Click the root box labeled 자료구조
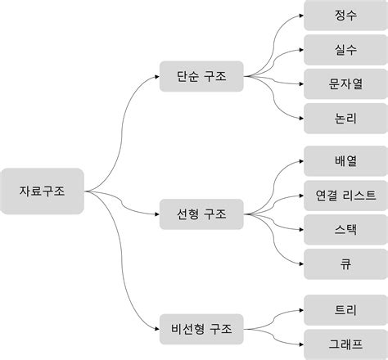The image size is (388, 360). point(43,191)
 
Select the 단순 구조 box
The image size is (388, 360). point(202,77)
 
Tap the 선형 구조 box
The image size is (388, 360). point(202,214)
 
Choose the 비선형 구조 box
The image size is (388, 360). point(202,330)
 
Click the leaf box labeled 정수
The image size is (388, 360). point(345,16)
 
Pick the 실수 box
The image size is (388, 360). point(345,50)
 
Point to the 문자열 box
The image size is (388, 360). point(345,84)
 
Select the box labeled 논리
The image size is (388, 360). point(345,119)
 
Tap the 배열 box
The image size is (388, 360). point(345,161)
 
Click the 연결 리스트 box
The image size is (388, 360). point(345,196)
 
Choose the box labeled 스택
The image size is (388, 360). point(345,230)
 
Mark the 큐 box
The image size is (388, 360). point(345,264)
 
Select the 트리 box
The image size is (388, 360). point(345,311)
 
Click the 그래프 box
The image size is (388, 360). point(345,345)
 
